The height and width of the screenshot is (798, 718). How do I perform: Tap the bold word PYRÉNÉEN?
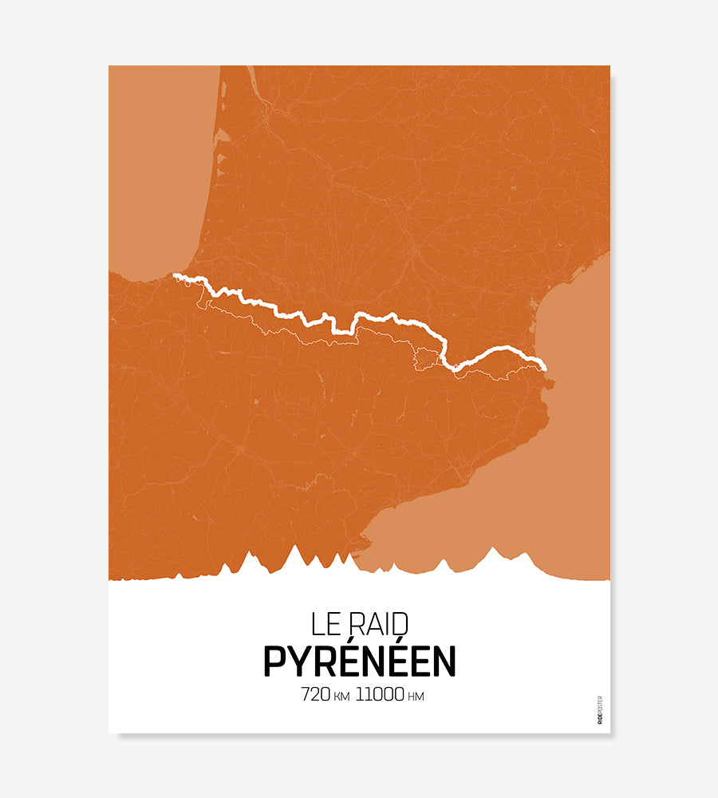coord(359,661)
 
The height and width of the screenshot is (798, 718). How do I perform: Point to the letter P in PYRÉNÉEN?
coord(274,661)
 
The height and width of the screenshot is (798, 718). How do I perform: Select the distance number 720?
coord(315,694)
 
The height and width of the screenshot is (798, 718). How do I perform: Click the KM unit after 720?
coord(341,696)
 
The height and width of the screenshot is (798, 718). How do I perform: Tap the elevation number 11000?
coord(380,694)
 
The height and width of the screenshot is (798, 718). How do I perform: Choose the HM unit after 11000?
coord(416,696)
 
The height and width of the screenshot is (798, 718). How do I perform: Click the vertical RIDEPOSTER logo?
coord(600,710)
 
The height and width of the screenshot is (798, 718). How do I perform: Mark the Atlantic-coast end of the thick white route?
coord(176,277)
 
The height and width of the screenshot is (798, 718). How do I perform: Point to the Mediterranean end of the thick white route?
coord(544,367)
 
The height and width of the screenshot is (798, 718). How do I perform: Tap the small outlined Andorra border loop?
coord(427,361)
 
